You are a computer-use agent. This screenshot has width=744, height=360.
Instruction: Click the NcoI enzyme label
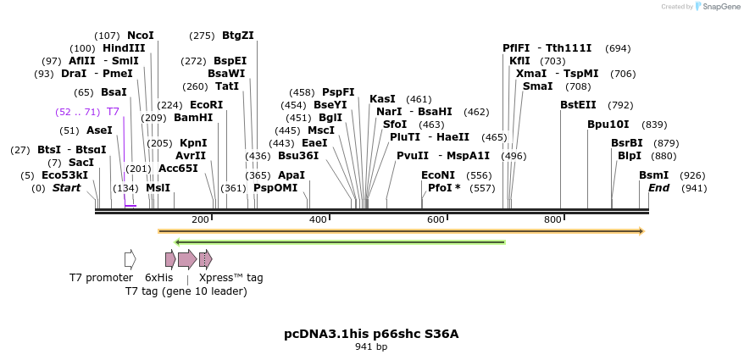(x=141, y=36)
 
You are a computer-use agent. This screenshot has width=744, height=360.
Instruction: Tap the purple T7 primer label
(x=113, y=112)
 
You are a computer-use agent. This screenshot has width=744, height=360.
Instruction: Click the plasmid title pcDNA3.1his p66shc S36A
(x=371, y=334)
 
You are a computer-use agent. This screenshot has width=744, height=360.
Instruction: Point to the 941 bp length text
(x=371, y=347)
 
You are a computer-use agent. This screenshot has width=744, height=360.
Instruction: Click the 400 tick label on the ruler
(x=318, y=220)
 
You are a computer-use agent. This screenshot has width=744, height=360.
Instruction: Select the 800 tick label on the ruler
(x=553, y=220)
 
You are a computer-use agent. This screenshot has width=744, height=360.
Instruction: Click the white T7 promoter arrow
(x=130, y=259)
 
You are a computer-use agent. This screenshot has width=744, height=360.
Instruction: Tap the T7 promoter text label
(x=101, y=277)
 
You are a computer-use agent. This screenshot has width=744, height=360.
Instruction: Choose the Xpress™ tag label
(x=230, y=277)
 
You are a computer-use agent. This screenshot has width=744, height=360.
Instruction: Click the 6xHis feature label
(x=158, y=277)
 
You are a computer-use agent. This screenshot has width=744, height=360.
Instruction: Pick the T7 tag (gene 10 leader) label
(x=186, y=291)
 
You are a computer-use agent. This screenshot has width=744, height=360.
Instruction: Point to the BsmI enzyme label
(x=653, y=175)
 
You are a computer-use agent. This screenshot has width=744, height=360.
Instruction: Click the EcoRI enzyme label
(x=206, y=105)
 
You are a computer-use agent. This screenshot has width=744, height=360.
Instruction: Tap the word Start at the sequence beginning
(x=67, y=188)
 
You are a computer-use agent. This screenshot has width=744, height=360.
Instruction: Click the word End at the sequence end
(x=659, y=188)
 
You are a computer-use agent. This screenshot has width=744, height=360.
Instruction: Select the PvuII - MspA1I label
(x=443, y=156)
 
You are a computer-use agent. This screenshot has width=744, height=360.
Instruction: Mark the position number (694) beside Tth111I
(x=618, y=48)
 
